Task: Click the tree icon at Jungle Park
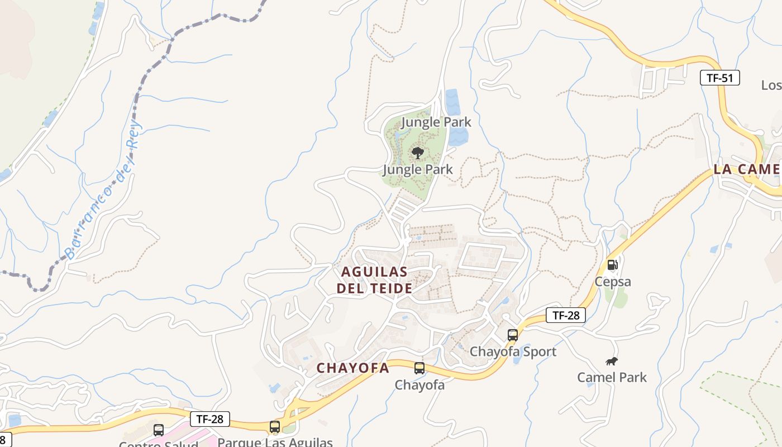click(417, 153)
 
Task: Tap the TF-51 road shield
click(720, 78)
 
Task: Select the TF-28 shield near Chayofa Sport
click(566, 315)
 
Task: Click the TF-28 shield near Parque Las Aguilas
click(209, 419)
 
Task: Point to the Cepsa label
click(613, 282)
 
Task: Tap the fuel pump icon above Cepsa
click(613, 264)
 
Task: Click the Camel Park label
click(612, 377)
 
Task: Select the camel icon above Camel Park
click(612, 362)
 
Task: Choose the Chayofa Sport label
click(513, 351)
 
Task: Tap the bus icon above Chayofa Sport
click(513, 335)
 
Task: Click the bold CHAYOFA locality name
click(352, 368)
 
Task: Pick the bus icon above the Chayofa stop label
click(419, 368)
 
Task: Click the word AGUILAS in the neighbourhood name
click(374, 272)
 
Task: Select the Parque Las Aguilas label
click(275, 442)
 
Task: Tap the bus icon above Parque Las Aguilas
click(274, 427)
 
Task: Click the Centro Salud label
click(159, 444)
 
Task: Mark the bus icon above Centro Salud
click(159, 430)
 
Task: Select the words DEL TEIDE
click(374, 289)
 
